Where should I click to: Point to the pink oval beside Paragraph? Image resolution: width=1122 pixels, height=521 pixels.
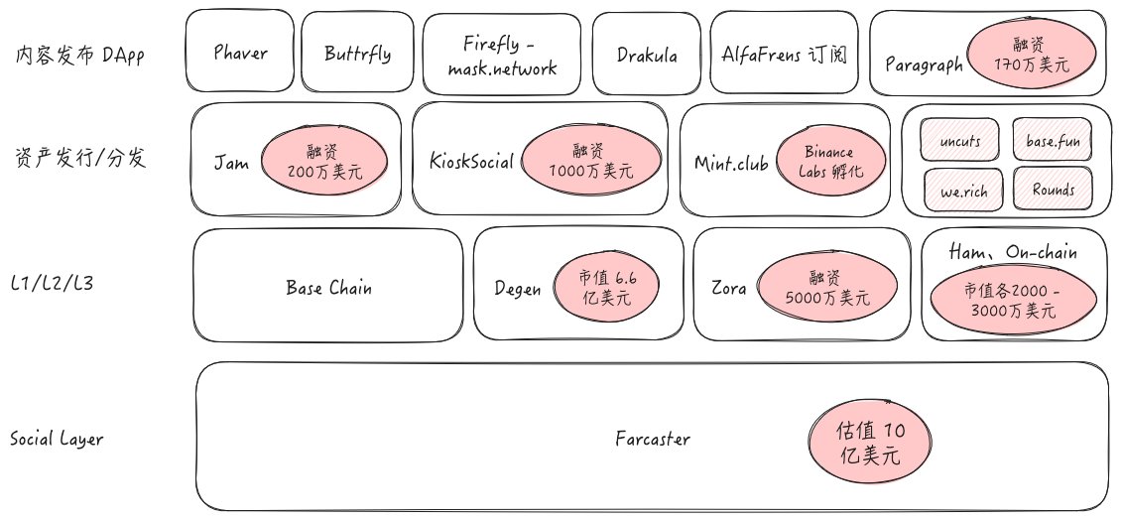1032,56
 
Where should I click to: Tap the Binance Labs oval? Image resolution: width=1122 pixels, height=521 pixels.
828,161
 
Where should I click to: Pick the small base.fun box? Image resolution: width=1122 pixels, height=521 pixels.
1052,141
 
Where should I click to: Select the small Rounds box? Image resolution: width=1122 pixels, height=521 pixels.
1052,189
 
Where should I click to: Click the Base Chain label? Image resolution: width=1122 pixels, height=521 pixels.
328,288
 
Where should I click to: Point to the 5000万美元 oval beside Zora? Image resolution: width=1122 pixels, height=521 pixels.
826,288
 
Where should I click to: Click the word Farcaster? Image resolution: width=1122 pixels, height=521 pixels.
652,439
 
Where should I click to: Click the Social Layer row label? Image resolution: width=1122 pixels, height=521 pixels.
56,439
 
